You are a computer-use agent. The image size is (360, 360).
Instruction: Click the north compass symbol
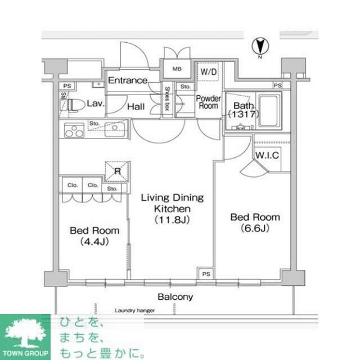click(x=260, y=46)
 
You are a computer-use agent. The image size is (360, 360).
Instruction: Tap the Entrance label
click(x=128, y=80)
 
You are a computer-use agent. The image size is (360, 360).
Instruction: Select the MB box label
click(x=176, y=70)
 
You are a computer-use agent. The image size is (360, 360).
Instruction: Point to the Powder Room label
click(x=208, y=102)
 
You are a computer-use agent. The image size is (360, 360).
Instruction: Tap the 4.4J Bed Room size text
click(x=94, y=241)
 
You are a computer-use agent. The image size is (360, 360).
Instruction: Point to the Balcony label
click(x=175, y=296)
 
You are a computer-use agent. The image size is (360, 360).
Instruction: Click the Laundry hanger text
click(x=134, y=310)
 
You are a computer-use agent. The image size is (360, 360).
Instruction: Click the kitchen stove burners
click(x=73, y=131)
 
